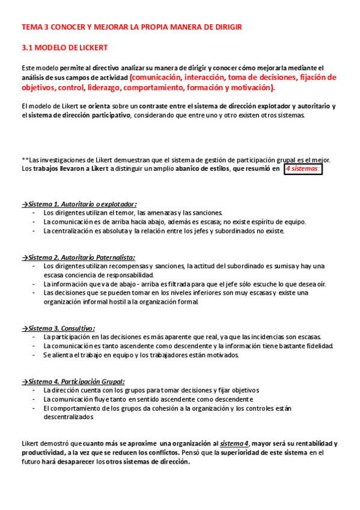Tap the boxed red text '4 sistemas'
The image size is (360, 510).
pyautogui.click(x=303, y=169)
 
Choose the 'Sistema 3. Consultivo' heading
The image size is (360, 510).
pyautogui.click(x=59, y=328)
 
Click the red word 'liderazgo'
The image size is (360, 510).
pyautogui.click(x=141, y=88)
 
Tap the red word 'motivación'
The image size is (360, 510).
pyautogui.click(x=248, y=88)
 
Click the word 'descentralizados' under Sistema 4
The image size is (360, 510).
pyautogui.click(x=68, y=417)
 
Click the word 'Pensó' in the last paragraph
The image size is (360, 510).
pyautogui.click(x=200, y=453)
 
